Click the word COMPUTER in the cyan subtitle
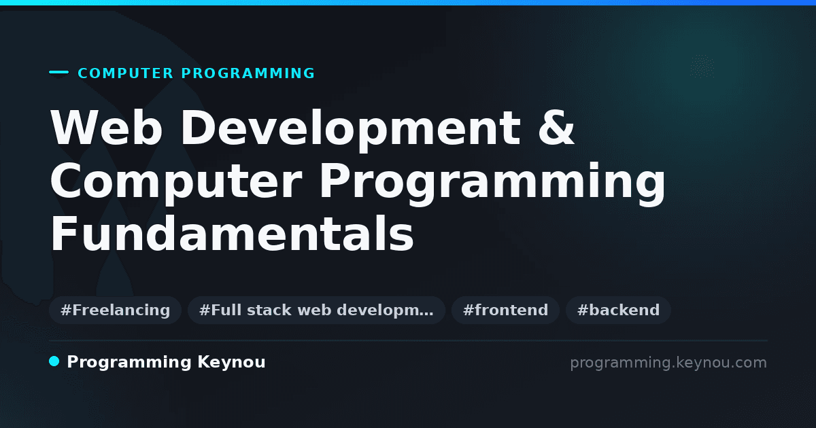(x=125, y=73)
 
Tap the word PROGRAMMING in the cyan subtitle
(x=248, y=73)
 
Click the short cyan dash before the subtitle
(x=58, y=72)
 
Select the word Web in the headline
(x=106, y=128)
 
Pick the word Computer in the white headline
(x=176, y=181)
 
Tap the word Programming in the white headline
(x=492, y=184)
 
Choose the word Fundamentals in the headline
(x=232, y=234)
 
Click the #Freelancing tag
(x=115, y=310)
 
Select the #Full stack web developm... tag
(x=316, y=310)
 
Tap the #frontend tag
(x=505, y=310)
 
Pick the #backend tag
(x=618, y=310)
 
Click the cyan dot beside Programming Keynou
(x=54, y=361)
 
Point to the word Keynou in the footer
(x=231, y=363)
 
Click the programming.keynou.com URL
(x=668, y=363)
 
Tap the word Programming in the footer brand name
(x=129, y=363)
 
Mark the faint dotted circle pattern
(x=702, y=67)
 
